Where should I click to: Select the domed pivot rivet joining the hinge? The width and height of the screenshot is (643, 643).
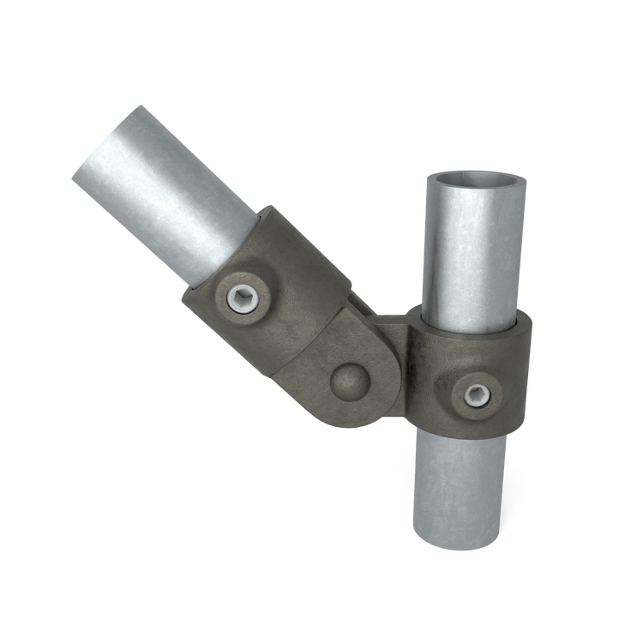coord(348,377)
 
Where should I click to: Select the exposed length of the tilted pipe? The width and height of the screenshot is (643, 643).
coord(171,206)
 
